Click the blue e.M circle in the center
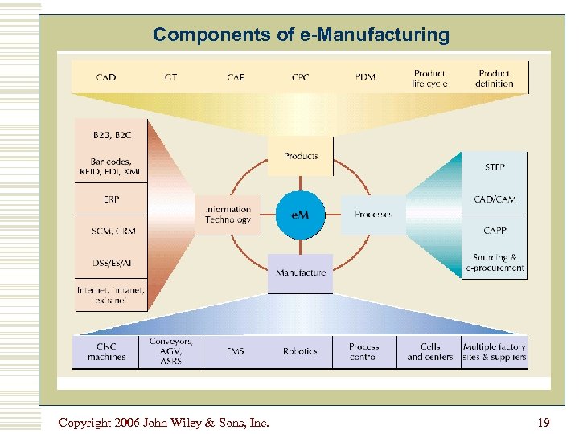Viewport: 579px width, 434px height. point(301,215)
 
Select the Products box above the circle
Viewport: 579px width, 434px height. point(301,156)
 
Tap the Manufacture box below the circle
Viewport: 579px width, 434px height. point(301,273)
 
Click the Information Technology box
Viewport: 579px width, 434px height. point(228,215)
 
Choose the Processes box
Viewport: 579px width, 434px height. point(373,215)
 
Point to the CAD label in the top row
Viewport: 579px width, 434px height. point(106,77)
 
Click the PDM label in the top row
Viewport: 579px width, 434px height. point(365,77)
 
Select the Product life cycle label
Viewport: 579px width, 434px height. point(429,78)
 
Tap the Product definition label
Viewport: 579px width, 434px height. point(494,78)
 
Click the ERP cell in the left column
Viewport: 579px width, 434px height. point(110,199)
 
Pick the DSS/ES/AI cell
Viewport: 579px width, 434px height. point(110,262)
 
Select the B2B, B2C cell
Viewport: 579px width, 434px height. point(110,135)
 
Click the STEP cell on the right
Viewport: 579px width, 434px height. point(495,168)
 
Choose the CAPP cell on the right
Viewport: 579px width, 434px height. point(495,231)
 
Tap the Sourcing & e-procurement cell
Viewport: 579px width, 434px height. point(495,263)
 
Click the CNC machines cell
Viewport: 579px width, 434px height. point(106,352)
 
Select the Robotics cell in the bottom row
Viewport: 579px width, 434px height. point(300,352)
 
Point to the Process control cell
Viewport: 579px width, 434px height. point(364,352)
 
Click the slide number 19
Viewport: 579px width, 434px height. point(543,422)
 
